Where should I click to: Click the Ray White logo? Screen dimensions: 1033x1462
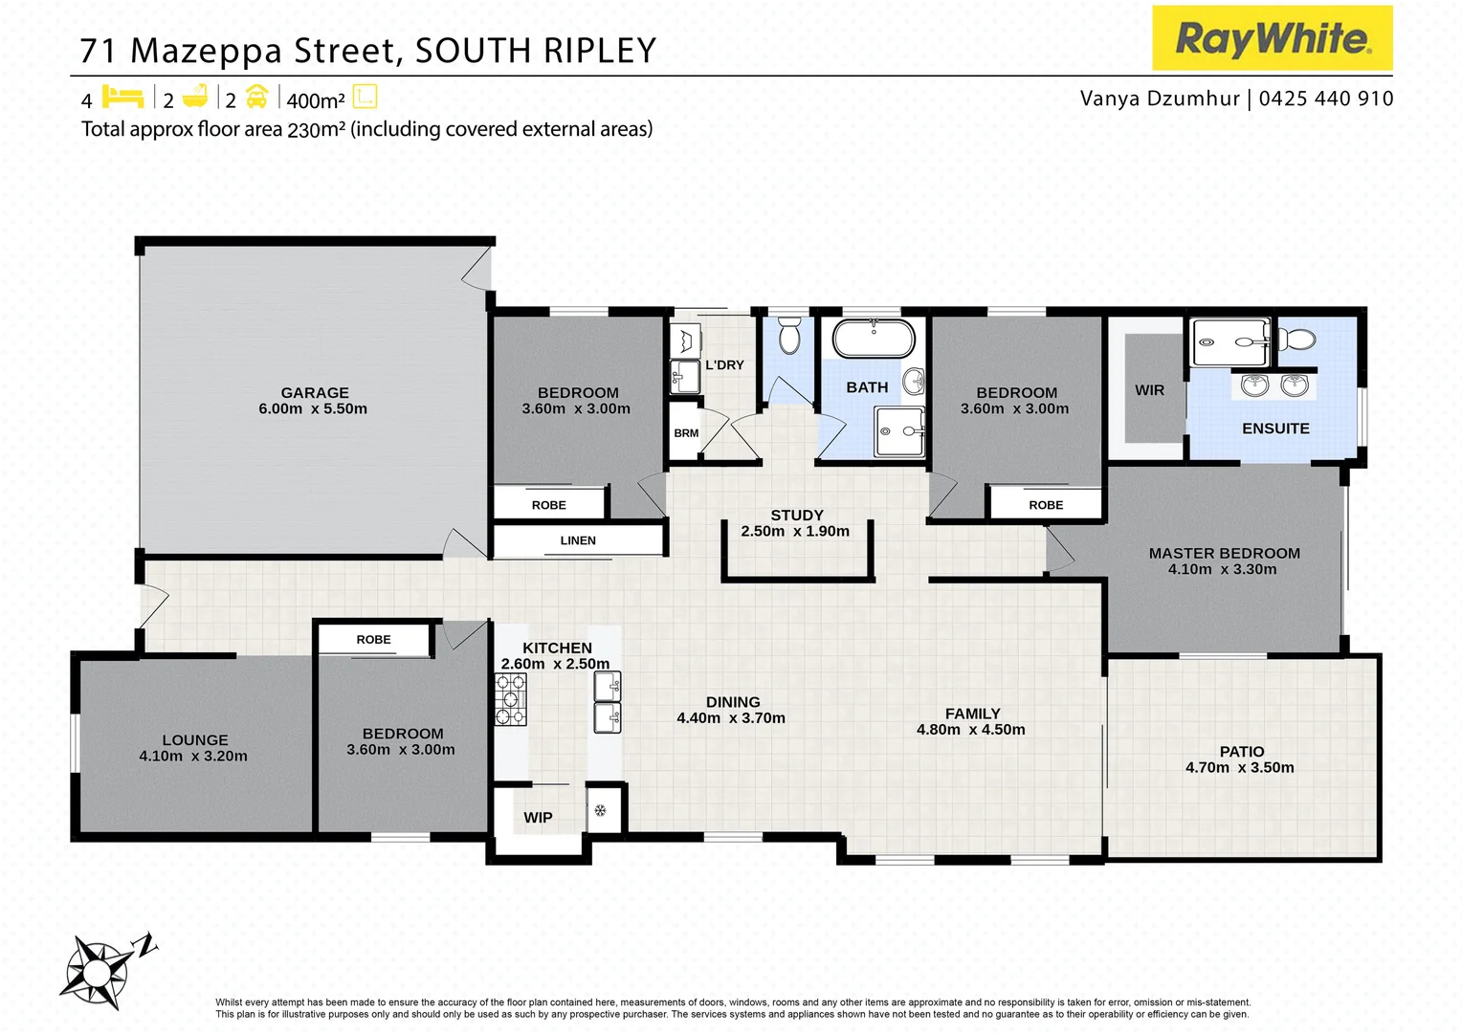[x=1272, y=38]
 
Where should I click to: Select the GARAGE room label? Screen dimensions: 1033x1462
[x=315, y=392]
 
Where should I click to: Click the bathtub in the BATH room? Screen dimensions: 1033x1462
[x=874, y=340]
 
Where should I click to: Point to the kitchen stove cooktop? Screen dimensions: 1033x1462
[x=510, y=699]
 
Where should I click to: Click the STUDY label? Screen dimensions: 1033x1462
[x=796, y=515]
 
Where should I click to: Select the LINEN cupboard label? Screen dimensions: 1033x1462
[x=578, y=540]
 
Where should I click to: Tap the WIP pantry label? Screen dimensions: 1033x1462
[x=538, y=817]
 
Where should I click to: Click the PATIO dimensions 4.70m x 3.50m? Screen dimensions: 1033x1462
[x=1239, y=767]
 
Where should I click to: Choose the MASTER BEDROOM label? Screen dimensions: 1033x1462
[x=1224, y=553]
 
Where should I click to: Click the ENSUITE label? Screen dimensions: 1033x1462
[x=1275, y=429]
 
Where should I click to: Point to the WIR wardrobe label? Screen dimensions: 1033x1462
[x=1149, y=390]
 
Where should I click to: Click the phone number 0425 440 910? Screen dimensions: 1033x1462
[x=1325, y=99]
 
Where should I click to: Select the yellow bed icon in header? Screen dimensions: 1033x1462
[x=122, y=97]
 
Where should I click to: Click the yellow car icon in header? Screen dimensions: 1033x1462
[x=256, y=97]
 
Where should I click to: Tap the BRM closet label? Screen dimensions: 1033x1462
[x=686, y=433]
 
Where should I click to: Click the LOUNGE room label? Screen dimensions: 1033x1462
[x=195, y=739]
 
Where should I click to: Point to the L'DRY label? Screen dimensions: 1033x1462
[x=724, y=364]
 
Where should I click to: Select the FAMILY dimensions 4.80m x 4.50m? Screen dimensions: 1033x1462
[x=970, y=729]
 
